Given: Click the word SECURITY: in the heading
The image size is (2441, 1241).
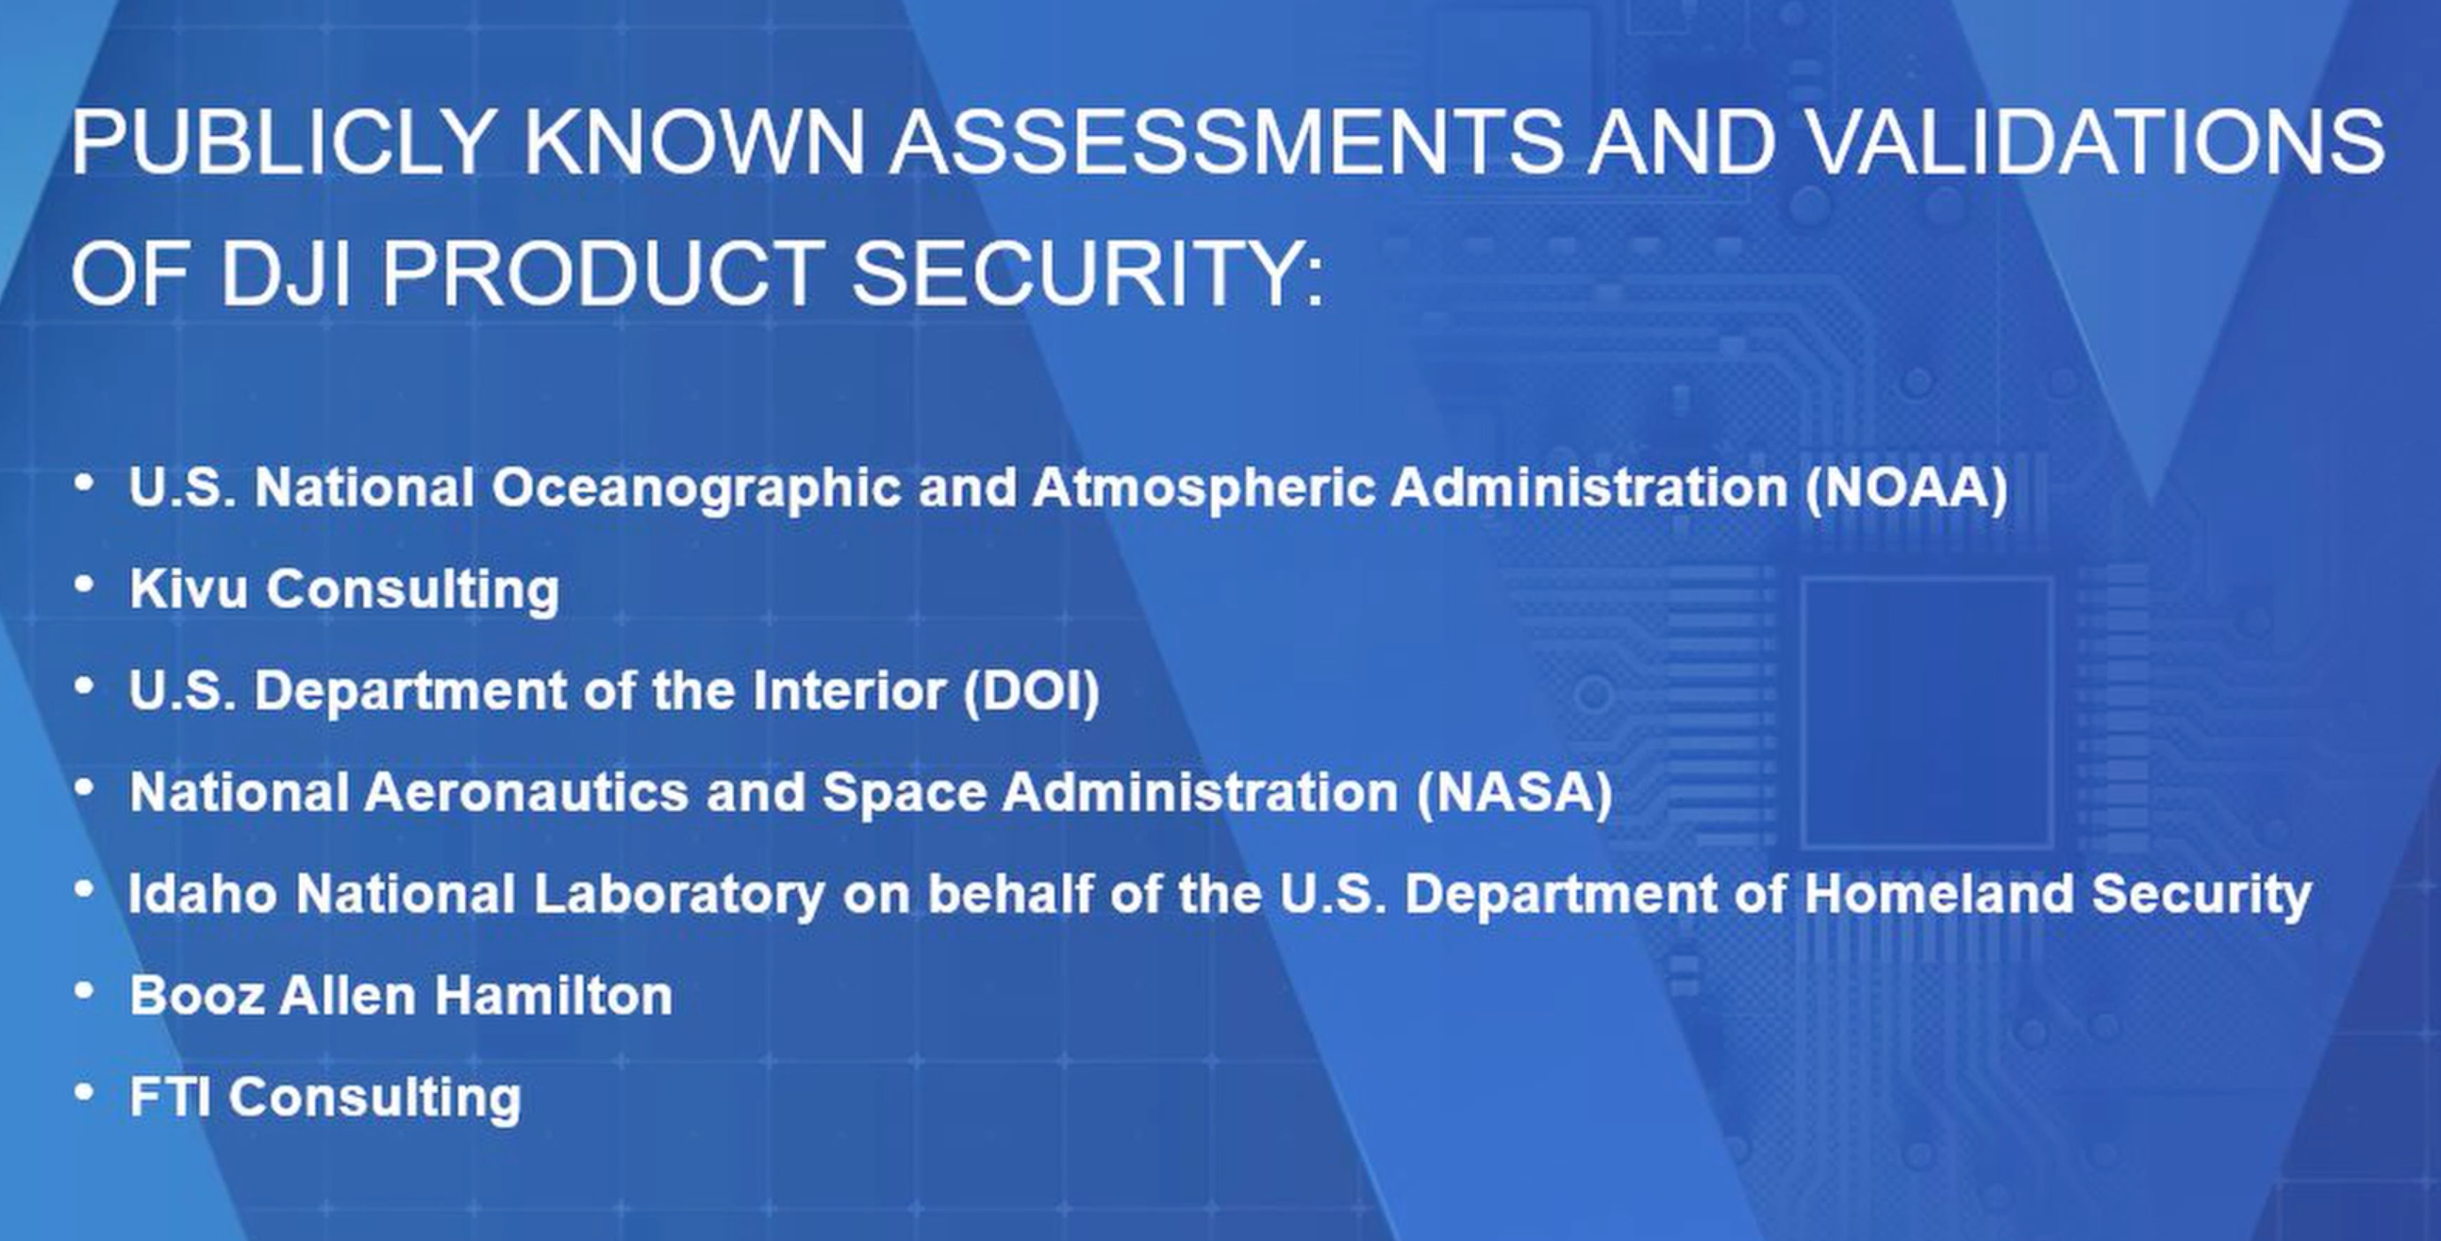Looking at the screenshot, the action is coord(1088,272).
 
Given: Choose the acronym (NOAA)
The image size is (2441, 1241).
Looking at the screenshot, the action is coord(1905,487).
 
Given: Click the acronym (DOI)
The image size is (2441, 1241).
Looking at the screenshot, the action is coord(1032,689).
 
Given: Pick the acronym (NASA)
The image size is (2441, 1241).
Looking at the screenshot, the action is coord(1514,791).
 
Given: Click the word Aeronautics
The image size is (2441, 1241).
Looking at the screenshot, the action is coord(527,791).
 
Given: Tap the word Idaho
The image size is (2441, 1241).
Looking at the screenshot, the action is coord(203,893).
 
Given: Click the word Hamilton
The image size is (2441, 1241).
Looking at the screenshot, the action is coord(554,995).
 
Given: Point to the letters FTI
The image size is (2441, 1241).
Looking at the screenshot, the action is coord(170,1096).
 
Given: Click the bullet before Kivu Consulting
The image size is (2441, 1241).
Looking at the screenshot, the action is coord(84,585).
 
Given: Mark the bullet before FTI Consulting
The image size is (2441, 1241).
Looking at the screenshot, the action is coord(84,1092).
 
